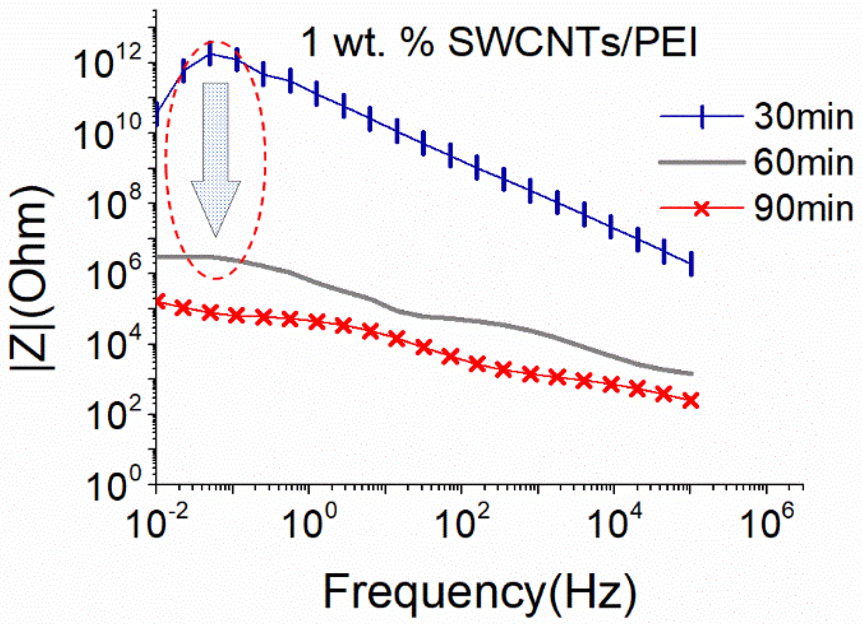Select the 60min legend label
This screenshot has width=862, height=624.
[x=803, y=162]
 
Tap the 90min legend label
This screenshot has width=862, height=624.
[x=803, y=208]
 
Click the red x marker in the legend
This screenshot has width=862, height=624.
[x=701, y=208]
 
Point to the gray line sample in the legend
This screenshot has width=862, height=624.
[x=701, y=162]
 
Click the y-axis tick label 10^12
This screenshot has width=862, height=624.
[x=107, y=64]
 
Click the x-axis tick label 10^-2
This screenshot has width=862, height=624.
[x=157, y=522]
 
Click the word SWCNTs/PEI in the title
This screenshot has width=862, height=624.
[x=572, y=43]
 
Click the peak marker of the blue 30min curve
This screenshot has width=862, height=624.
[x=210, y=54]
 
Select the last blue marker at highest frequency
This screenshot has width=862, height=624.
[x=691, y=263]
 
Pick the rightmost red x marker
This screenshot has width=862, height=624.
[x=691, y=401]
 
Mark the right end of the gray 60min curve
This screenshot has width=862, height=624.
[x=691, y=374]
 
